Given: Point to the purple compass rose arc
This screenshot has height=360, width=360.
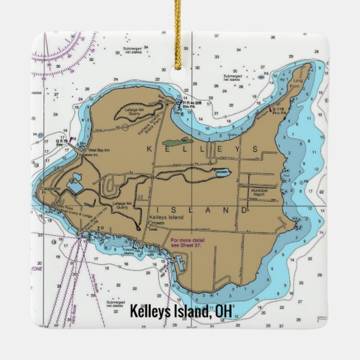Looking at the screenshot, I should point(71,48).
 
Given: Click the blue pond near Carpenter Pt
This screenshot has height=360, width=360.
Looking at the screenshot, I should point(75,181).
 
